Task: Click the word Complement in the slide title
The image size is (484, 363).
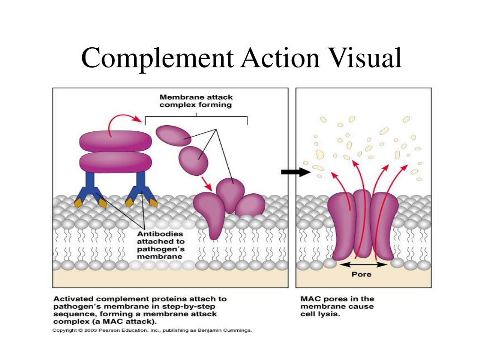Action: tap(156, 58)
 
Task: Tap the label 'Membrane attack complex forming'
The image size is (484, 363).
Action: tap(196, 101)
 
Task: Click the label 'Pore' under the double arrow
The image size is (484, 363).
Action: tap(362, 274)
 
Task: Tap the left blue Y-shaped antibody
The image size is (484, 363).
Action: tap(90, 187)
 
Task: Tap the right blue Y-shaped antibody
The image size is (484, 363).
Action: tap(141, 187)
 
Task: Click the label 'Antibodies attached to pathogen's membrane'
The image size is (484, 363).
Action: tap(160, 245)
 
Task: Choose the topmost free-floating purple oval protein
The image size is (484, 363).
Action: tap(173, 136)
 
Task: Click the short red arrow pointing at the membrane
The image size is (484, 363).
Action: tap(205, 183)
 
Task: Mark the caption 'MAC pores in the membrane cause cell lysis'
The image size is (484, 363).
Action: tap(337, 306)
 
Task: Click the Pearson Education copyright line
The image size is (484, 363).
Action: tap(152, 330)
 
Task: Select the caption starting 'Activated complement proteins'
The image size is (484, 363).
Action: tap(139, 310)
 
